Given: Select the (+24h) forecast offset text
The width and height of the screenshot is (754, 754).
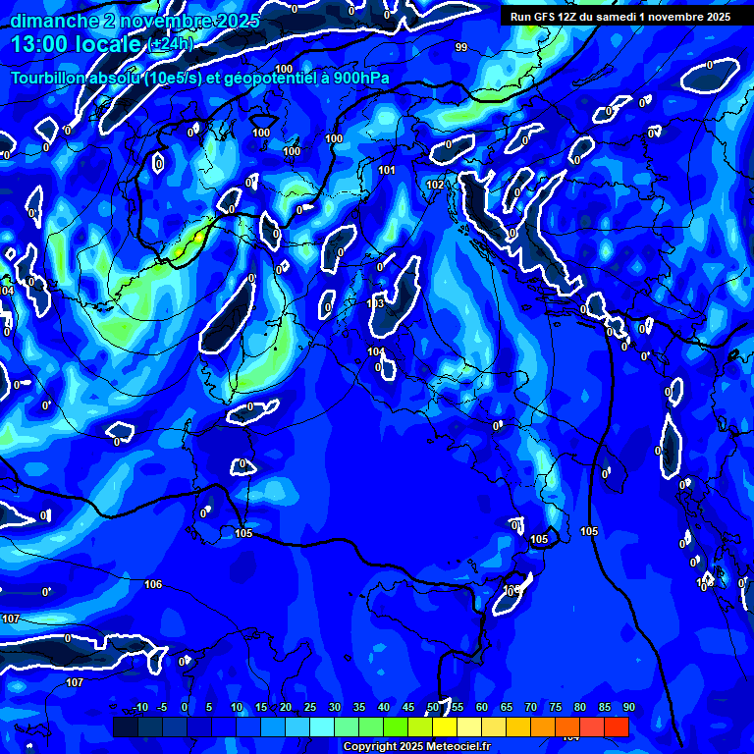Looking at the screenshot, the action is (x=171, y=45).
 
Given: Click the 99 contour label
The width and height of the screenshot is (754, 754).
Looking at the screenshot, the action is (x=461, y=47).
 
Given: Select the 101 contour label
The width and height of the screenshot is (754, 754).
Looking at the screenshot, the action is (x=387, y=170).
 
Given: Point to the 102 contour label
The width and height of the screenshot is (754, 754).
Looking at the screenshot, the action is (x=436, y=185).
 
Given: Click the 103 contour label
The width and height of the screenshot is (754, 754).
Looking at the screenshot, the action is (x=375, y=303).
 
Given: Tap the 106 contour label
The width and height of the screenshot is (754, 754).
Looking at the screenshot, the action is (x=153, y=584).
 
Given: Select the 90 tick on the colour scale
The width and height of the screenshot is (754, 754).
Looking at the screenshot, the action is (x=628, y=708).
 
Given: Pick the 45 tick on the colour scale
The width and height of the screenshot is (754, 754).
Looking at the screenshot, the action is (x=408, y=708).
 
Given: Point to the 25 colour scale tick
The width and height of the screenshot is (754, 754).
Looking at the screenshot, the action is (x=310, y=708).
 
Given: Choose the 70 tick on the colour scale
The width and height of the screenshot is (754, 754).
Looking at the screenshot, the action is (x=531, y=708).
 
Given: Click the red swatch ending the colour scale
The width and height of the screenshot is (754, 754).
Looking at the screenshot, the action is (x=617, y=727).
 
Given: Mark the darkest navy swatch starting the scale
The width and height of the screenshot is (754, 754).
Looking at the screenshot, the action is (x=125, y=727).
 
